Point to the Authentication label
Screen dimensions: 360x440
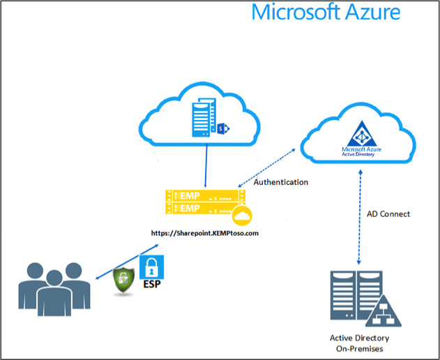[x=281, y=182]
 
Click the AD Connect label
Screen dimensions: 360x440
[x=388, y=213]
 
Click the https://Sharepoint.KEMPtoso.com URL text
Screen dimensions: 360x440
[x=205, y=233]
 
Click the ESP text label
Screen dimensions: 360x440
[x=152, y=285]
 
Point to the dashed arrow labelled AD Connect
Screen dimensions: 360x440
[x=358, y=216]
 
